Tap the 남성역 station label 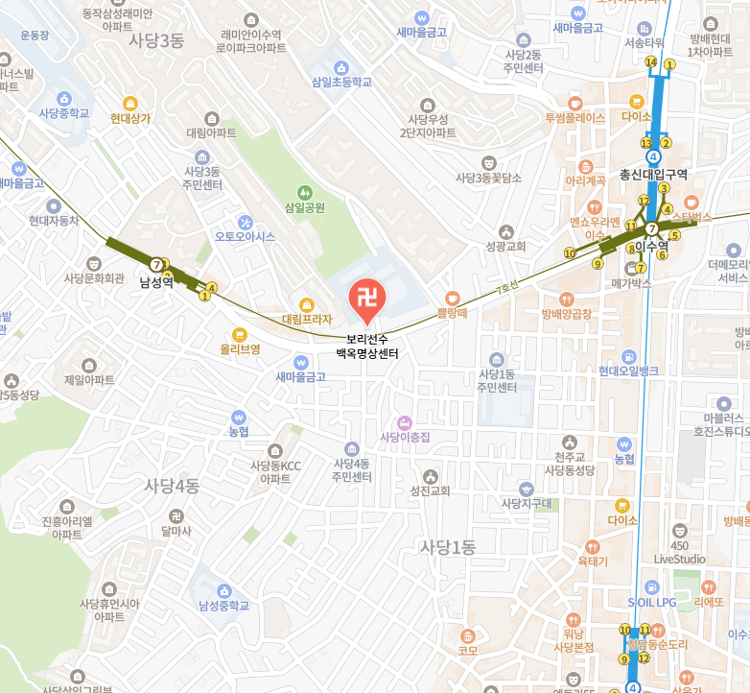click(155, 282)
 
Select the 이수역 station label click(651, 247)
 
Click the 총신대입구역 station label click(654, 175)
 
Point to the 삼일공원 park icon click(305, 192)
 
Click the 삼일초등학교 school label click(340, 83)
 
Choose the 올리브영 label click(240, 349)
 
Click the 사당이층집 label click(404, 438)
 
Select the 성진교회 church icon click(430, 475)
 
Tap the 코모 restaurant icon click(468, 635)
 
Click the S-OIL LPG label click(659, 602)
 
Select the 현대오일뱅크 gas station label click(628, 370)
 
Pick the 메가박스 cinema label click(631, 284)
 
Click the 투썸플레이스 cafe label click(574, 118)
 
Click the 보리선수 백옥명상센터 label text click(366, 346)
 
